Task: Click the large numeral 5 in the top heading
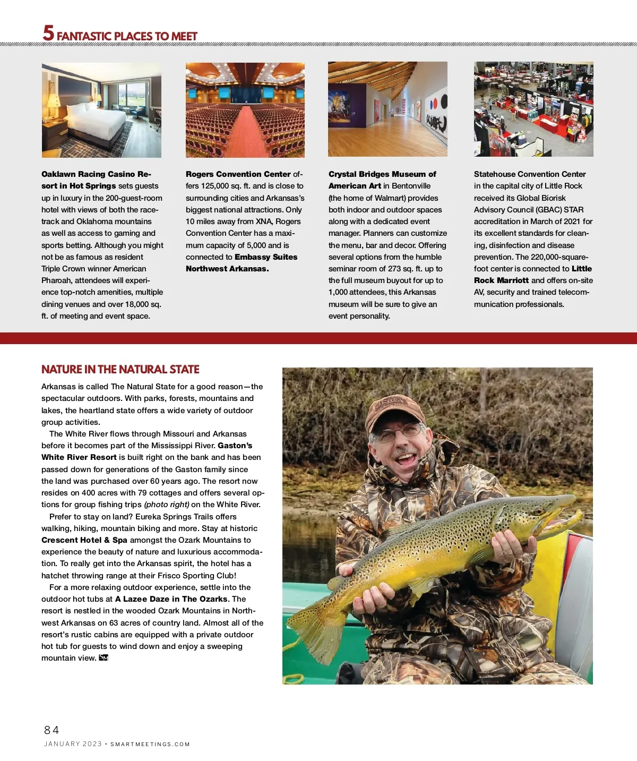[48, 33]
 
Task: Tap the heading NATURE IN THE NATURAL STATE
[120, 369]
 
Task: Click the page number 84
[51, 730]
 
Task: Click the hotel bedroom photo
[101, 110]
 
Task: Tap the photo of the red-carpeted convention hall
[245, 110]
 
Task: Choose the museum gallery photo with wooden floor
[388, 109]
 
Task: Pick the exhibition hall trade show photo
[533, 109]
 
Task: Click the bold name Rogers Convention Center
[238, 174]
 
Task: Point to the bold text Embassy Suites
[265, 257]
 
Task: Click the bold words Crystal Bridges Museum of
[382, 174]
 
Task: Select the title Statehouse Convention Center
[529, 174]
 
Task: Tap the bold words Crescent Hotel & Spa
[84, 540]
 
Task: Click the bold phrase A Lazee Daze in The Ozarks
[171, 599]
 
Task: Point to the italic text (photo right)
[166, 505]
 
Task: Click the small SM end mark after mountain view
[104, 658]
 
